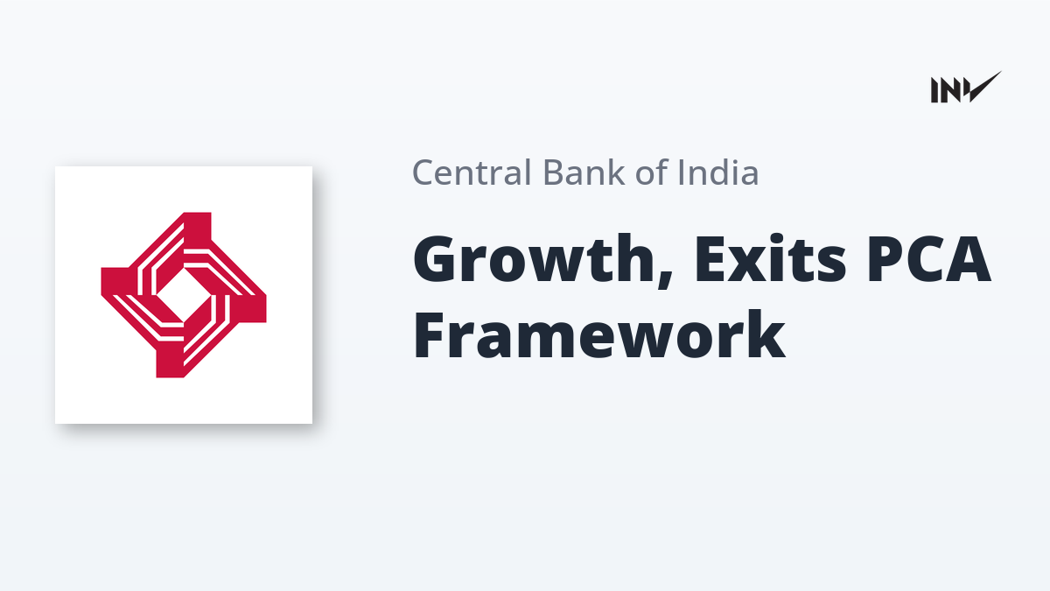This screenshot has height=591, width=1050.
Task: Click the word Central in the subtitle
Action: [472, 172]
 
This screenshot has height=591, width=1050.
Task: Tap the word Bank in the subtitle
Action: [584, 172]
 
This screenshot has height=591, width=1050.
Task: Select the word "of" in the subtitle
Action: [651, 172]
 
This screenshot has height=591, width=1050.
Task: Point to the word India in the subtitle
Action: [718, 172]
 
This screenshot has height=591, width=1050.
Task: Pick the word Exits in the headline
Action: [771, 259]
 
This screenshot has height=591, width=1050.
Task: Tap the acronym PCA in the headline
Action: [929, 259]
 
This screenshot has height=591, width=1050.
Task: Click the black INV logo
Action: [966, 88]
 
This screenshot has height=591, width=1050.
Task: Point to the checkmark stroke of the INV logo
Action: [983, 88]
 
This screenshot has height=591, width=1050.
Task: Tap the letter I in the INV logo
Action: [934, 90]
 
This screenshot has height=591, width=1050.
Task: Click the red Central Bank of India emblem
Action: [184, 295]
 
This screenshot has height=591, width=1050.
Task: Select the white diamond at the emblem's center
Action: [183, 295]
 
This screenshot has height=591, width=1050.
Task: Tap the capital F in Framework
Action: [430, 334]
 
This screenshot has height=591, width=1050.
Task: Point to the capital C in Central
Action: [424, 172]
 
